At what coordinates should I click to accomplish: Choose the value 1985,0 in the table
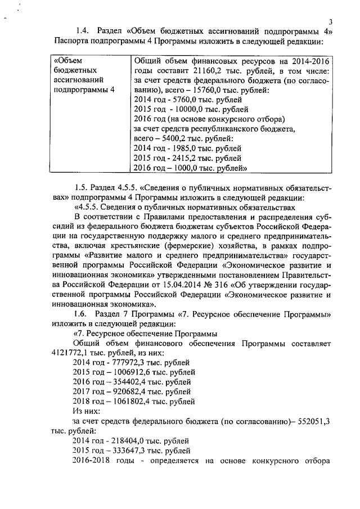[x=188, y=148]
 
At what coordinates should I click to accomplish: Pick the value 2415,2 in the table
[x=188, y=157]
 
